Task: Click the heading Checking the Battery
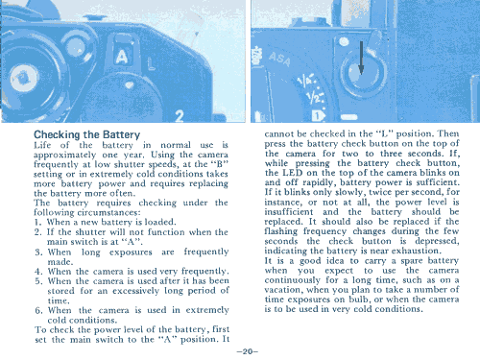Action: click(86, 134)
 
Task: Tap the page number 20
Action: click(247, 351)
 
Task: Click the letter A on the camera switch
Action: click(122, 57)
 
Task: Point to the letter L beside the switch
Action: click(151, 64)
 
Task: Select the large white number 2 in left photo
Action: click(180, 116)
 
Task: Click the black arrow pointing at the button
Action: click(361, 58)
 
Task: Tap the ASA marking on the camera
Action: click(279, 59)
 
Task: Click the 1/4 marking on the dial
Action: click(304, 82)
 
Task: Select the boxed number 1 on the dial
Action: click(317, 116)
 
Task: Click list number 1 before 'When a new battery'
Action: click(37, 222)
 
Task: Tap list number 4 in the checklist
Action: click(38, 272)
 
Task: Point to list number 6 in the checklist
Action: click(38, 310)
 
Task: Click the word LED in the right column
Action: click(292, 173)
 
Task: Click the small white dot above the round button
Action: click(344, 41)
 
